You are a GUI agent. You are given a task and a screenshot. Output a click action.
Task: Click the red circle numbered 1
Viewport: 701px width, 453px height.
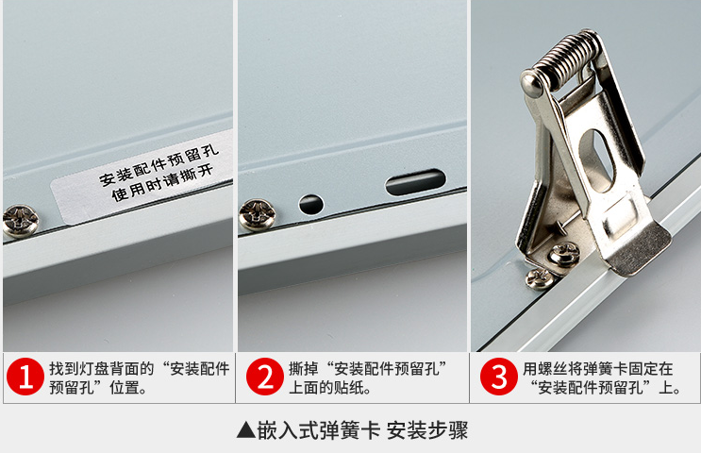(25, 377)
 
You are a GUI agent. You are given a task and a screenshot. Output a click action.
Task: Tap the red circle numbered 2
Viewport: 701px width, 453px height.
(265, 377)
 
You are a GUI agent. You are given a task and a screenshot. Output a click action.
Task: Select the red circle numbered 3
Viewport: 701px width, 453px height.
(499, 377)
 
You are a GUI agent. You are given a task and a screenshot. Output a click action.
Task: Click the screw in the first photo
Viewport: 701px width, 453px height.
(21, 220)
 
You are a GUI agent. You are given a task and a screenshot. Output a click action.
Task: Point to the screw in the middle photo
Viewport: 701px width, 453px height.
(257, 214)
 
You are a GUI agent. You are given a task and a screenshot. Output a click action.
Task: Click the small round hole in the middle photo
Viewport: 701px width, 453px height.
(311, 204)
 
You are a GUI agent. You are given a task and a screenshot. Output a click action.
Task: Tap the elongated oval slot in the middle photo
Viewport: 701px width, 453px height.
(416, 182)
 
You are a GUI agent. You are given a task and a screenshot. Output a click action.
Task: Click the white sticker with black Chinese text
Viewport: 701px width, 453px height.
(142, 177)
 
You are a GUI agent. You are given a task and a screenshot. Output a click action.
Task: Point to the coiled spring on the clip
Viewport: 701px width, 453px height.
(568, 59)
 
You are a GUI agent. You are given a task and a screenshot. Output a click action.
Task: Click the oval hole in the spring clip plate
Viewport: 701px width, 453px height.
(597, 160)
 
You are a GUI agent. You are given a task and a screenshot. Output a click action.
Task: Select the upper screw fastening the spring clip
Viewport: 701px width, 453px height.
(564, 255)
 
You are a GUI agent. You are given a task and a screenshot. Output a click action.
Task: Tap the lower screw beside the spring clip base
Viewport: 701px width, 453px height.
(539, 278)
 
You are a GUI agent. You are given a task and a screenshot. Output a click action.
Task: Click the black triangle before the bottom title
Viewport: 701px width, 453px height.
(246, 429)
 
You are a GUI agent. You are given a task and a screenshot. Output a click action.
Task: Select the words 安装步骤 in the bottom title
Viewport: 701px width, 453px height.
(427, 430)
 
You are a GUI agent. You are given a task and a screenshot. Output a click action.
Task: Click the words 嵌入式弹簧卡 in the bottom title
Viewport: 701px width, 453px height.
(319, 430)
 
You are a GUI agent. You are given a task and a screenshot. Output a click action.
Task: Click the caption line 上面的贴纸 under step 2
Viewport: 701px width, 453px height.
(330, 387)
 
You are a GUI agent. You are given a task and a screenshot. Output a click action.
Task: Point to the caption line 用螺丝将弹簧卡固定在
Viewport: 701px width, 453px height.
(598, 369)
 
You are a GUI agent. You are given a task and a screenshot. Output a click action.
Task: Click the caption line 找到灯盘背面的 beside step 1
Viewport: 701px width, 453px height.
(102, 369)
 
